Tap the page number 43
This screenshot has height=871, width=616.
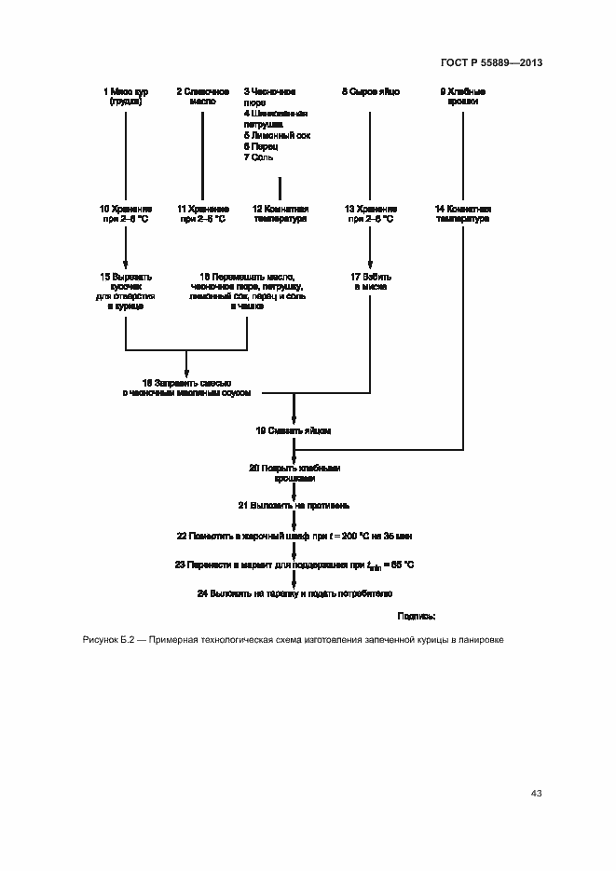536,794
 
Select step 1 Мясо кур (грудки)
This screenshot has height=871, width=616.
124,97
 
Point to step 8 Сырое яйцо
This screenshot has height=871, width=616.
370,91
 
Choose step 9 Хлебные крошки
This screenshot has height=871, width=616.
462,97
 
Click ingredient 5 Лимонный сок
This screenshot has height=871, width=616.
277,136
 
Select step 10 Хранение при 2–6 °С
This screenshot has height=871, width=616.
124,214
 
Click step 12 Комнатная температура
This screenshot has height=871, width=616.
281,214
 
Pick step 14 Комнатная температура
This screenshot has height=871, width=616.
462,214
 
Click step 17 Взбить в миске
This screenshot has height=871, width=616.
370,282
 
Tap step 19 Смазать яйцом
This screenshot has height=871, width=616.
294,431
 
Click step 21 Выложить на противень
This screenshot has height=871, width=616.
294,506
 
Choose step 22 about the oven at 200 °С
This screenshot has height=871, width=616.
294,537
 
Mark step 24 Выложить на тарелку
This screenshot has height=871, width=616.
294,592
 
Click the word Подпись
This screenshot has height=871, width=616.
417,616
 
